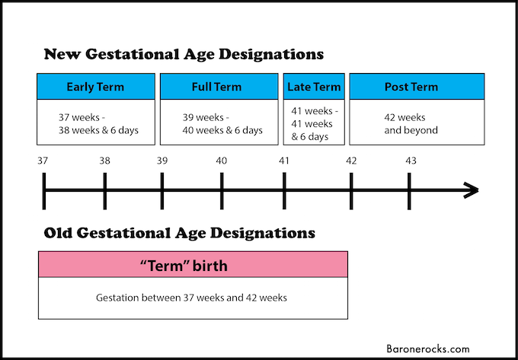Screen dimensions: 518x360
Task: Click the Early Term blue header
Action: point(96,87)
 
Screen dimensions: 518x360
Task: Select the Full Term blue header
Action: point(219,87)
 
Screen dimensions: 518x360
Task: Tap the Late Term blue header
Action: point(314,87)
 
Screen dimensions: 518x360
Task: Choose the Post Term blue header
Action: point(417,87)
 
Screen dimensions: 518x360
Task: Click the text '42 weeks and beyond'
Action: point(411,124)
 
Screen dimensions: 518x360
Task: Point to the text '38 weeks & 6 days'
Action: point(98,130)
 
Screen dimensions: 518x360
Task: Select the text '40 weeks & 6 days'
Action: point(222,130)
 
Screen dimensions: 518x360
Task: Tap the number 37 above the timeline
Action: point(43,161)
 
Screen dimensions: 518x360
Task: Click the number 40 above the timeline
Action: point(222,161)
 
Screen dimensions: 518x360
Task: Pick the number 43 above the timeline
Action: point(411,161)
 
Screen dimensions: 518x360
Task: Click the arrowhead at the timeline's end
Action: point(472,190)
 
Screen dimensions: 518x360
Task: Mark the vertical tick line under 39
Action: point(161,191)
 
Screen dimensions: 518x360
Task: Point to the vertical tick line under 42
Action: point(351,191)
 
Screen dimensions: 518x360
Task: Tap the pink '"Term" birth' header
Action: point(193,264)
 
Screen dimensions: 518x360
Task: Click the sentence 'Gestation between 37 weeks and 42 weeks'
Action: point(192,298)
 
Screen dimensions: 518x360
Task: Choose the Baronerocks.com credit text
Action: point(428,349)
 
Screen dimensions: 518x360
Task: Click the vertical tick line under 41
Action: point(284,191)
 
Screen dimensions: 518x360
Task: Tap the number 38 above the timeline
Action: point(104,161)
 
